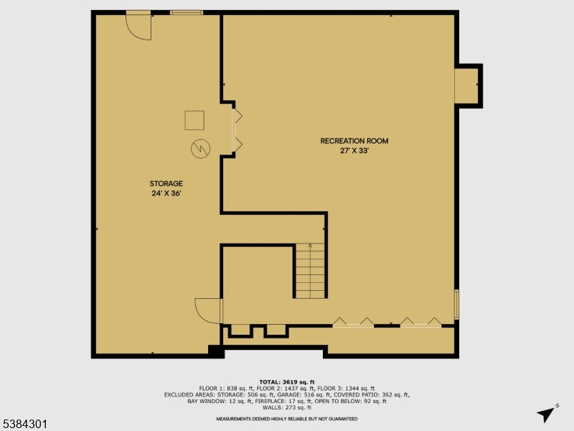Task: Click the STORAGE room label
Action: (x=166, y=184)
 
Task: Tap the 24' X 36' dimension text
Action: (x=166, y=193)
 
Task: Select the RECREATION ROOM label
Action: (x=354, y=141)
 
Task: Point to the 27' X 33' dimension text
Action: (x=354, y=151)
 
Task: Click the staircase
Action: (x=310, y=271)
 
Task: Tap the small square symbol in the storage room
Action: (x=194, y=120)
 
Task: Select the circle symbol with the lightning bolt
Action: (x=199, y=149)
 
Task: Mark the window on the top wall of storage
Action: (x=187, y=12)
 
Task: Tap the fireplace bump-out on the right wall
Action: (x=468, y=85)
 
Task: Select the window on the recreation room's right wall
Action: (x=456, y=305)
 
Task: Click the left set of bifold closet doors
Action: (x=353, y=323)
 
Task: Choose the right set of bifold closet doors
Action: (x=420, y=323)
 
